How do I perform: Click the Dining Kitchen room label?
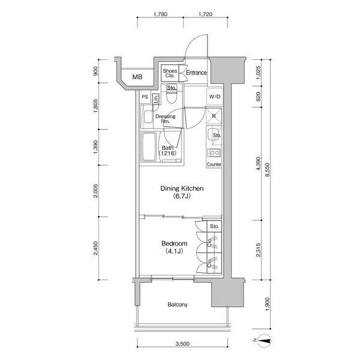[182, 188]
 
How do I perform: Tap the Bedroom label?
[174, 244]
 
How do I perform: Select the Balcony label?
[178, 305]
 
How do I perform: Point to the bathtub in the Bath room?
[149, 147]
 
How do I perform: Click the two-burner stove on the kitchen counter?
[214, 152]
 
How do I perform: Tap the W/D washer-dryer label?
[215, 97]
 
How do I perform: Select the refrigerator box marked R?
[214, 116]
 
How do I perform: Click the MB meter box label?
[137, 77]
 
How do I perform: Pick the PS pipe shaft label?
[145, 97]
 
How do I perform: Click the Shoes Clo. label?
[170, 73]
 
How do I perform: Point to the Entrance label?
[196, 73]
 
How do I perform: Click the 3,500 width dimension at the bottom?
[182, 344]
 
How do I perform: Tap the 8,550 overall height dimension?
[267, 170]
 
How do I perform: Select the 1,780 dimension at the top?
[160, 14]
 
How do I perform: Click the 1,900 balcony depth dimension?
[267, 304]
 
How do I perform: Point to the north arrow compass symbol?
[264, 340]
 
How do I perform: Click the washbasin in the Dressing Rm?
[148, 116]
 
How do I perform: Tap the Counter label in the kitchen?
[214, 164]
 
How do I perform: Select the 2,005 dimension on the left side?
[96, 191]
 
